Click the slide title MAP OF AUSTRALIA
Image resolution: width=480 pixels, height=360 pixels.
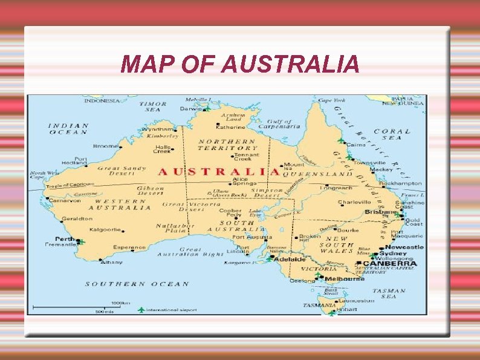coord(239,64)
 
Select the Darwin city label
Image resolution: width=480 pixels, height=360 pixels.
coord(190,110)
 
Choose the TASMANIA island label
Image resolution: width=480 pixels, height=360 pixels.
coord(317,304)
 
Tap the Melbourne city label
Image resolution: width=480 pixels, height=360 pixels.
coord(345,279)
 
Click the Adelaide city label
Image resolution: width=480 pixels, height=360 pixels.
coord(290,259)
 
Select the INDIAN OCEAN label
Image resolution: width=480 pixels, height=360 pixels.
coord(68,129)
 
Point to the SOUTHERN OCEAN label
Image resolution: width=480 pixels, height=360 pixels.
coord(137,284)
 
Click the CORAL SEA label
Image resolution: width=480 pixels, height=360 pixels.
coord(392,134)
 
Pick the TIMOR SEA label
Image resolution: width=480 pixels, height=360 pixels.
coord(153,106)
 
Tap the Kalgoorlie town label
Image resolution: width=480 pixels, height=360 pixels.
coord(105,230)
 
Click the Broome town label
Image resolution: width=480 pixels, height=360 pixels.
coord(105,146)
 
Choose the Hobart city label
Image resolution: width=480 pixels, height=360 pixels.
coord(346,309)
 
